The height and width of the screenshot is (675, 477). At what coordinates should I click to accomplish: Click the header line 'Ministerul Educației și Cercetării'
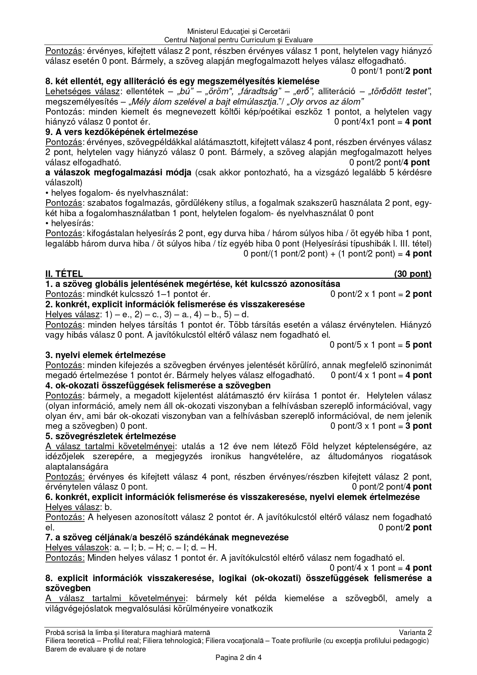tap(238, 31)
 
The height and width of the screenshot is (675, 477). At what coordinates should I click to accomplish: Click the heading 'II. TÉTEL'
tap(64, 274)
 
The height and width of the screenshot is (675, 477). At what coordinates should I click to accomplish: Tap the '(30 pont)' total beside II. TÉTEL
tap(412, 274)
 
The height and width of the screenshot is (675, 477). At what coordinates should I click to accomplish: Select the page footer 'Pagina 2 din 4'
tap(238, 657)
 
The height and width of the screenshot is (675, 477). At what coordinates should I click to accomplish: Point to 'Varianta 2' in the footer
tap(415, 632)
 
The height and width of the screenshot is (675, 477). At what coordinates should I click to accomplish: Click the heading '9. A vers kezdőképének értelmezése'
tap(122, 132)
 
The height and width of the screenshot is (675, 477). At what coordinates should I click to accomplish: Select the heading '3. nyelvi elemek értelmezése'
tap(105, 355)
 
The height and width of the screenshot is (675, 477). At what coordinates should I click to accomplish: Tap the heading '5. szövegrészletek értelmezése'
tap(110, 436)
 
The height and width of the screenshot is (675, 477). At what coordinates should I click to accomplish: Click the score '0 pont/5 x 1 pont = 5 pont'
tap(380, 345)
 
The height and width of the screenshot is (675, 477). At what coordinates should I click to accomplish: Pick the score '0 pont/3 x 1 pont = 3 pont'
tap(381, 426)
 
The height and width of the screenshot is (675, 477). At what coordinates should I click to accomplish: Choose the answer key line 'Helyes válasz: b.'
tap(78, 507)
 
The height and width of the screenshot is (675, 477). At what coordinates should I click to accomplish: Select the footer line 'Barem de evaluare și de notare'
tap(95, 649)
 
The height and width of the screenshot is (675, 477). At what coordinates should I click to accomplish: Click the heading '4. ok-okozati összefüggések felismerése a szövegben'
tap(158, 385)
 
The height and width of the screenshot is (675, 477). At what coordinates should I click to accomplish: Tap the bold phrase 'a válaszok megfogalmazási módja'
tap(118, 172)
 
